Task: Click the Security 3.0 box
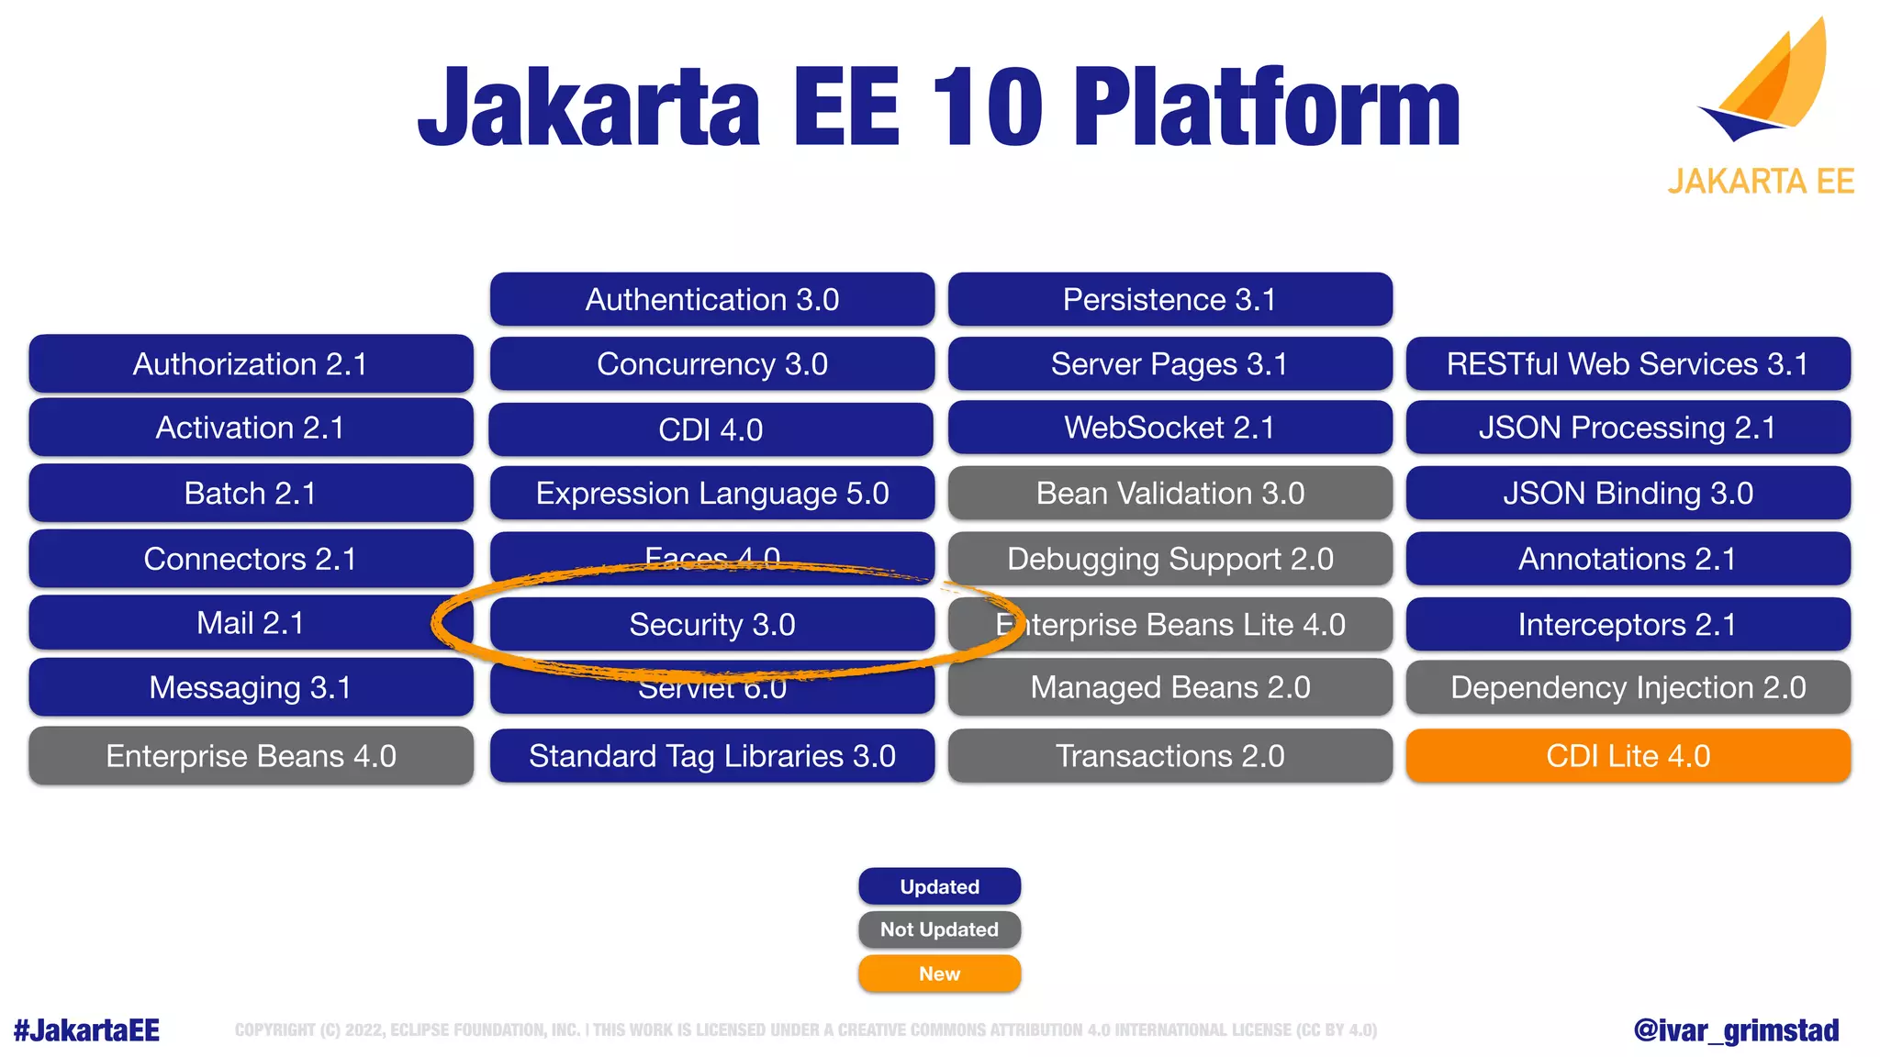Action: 711,625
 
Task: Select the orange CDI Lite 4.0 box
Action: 1628,756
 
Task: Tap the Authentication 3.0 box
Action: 711,299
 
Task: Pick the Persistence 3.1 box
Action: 1169,299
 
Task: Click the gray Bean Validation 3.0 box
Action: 1169,494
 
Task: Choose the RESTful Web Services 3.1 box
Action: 1628,364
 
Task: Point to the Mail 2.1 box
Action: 251,623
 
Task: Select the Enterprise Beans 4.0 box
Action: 251,756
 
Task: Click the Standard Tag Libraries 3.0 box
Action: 711,756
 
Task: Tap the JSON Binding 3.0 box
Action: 1628,494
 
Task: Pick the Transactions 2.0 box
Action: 1169,756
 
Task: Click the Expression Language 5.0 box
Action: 711,494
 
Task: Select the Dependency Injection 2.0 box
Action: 1628,687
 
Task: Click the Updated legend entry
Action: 939,886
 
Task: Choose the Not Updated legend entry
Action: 939,929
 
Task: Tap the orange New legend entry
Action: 939,974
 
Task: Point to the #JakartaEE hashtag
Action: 87,1030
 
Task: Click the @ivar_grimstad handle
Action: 1736,1030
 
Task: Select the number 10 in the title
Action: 987,107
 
